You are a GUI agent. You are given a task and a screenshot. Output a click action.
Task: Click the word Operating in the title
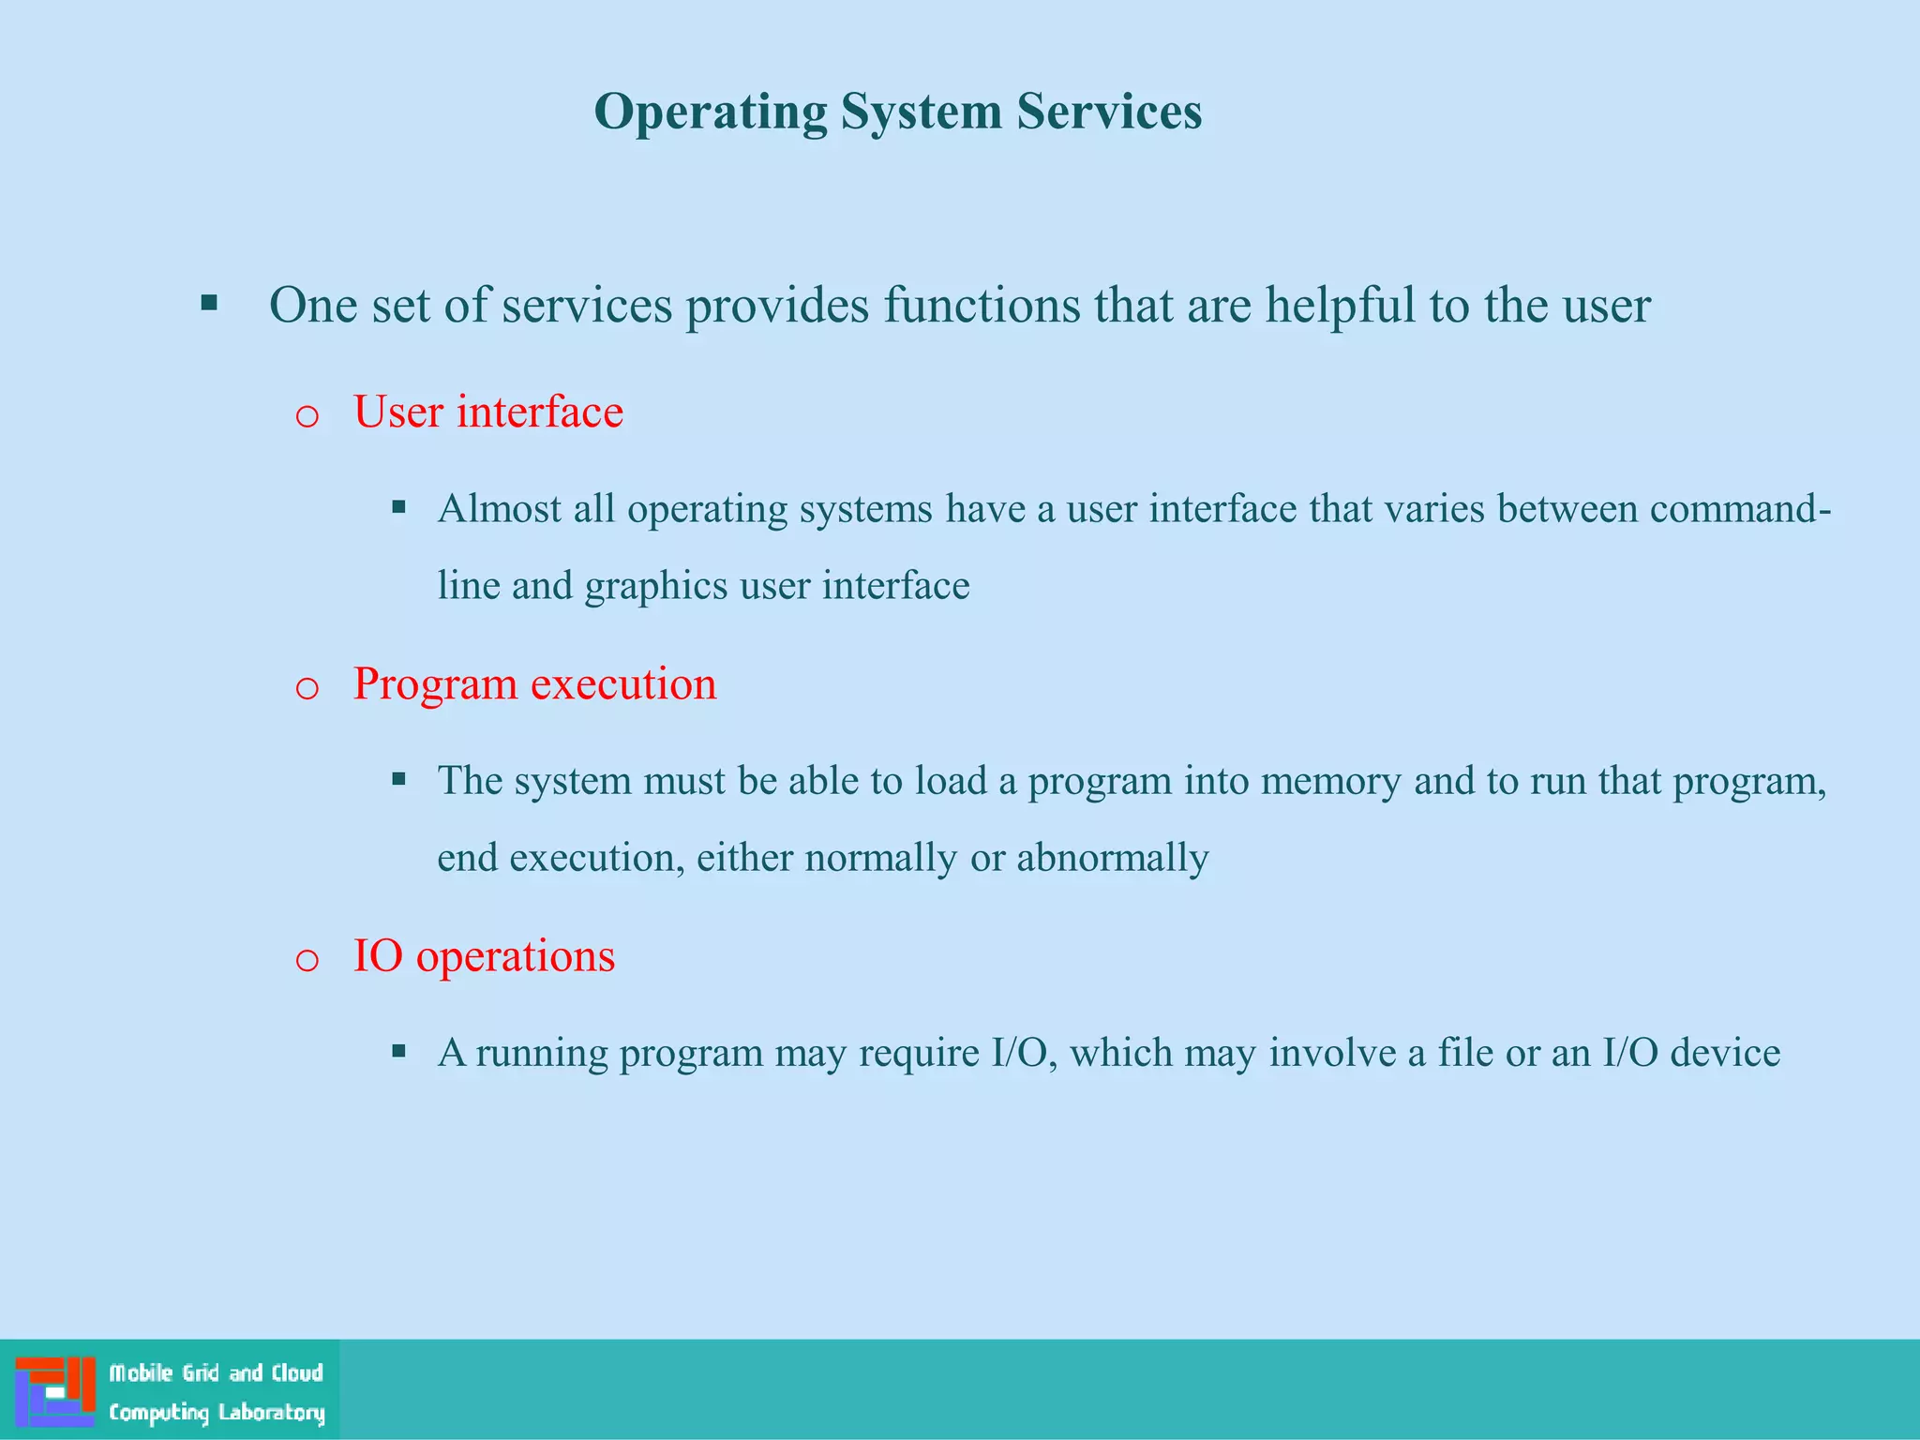[711, 112]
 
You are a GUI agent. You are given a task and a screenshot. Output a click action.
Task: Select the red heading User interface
[487, 412]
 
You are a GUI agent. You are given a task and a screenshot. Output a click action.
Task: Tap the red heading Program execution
[534, 684]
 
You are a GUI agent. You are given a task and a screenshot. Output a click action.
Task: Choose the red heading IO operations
[484, 956]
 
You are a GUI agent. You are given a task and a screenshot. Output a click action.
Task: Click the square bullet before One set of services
[209, 303]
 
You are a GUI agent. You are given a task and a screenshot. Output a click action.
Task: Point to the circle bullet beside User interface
[307, 416]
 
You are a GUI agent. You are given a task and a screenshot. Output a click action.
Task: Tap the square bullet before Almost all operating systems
[398, 507]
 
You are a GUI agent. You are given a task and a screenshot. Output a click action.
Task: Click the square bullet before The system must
[398, 779]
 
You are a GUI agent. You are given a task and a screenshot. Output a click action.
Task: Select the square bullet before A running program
[398, 1051]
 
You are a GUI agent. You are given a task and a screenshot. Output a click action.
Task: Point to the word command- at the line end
[1740, 509]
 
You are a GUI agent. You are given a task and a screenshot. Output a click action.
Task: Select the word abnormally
[1113, 858]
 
